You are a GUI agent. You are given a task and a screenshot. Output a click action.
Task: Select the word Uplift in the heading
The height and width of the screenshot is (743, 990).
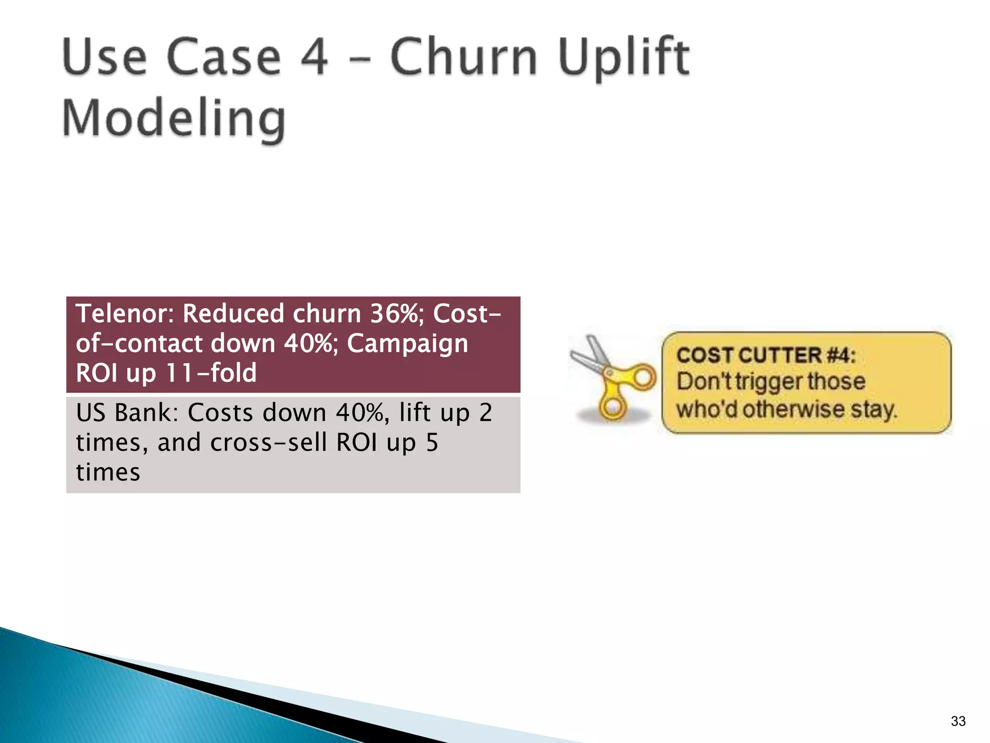click(x=624, y=59)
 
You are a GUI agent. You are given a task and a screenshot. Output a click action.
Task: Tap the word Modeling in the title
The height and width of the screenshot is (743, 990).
click(x=174, y=119)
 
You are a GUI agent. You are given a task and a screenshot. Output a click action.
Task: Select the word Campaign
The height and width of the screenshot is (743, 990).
click(x=408, y=343)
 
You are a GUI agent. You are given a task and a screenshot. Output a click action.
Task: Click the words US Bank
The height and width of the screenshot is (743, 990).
click(x=127, y=413)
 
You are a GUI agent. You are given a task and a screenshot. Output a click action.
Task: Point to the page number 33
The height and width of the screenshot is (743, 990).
click(x=958, y=721)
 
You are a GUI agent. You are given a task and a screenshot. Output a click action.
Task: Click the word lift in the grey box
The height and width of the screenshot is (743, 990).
click(x=415, y=413)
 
